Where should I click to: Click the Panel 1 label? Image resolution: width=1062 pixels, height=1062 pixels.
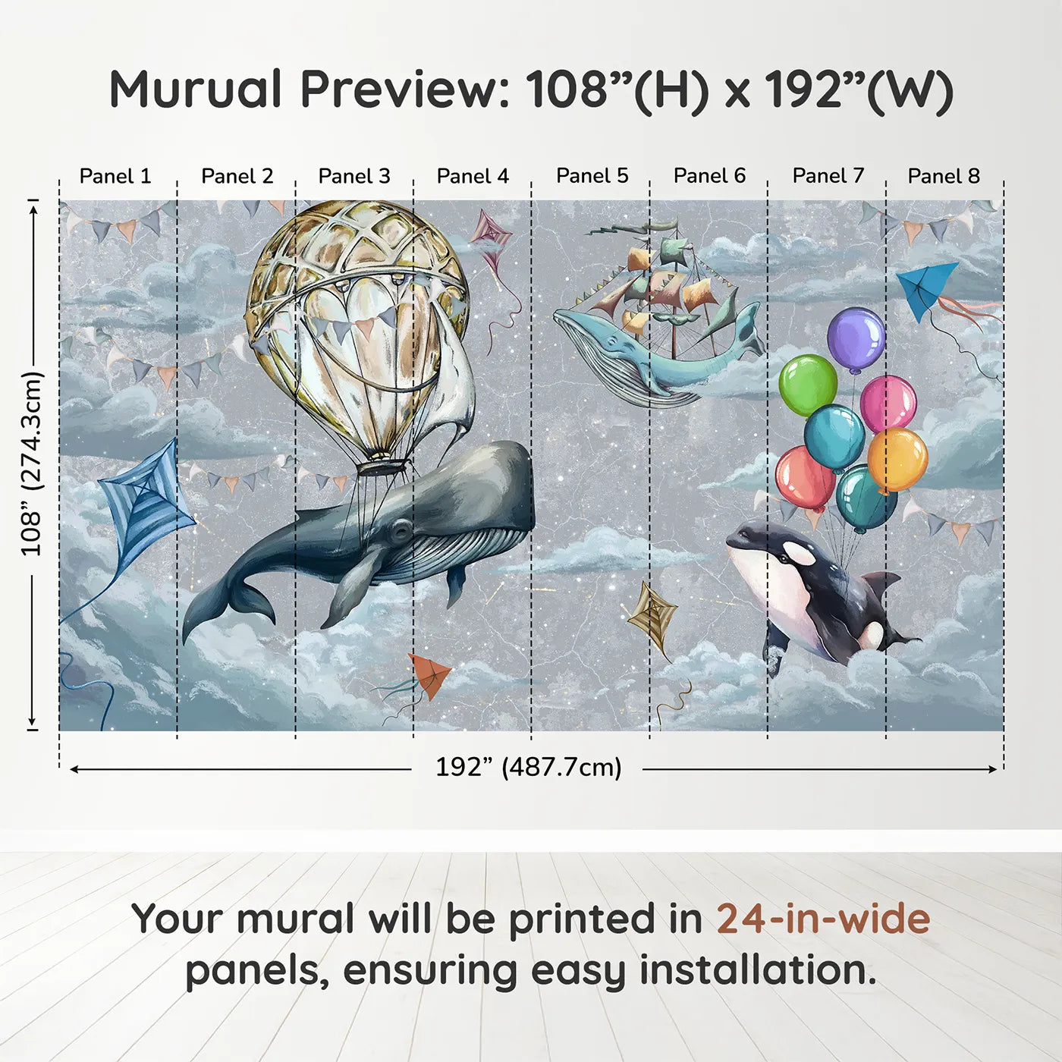(115, 176)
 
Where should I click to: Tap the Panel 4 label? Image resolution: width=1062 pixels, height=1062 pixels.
(473, 176)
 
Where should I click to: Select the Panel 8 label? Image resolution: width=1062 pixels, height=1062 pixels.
(944, 176)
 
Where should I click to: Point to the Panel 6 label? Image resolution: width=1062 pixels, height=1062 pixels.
(709, 176)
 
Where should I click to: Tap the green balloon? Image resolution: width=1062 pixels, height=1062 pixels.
(808, 385)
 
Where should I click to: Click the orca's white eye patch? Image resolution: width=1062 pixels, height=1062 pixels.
(799, 553)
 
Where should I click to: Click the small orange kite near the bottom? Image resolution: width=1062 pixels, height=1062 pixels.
(428, 675)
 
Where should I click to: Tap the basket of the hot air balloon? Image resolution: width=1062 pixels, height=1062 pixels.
(384, 467)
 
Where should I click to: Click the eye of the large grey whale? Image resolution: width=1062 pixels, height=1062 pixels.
(401, 530)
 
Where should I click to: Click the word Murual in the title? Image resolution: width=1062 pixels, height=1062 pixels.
(196, 90)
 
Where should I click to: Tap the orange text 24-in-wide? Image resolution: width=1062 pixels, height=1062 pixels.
(823, 919)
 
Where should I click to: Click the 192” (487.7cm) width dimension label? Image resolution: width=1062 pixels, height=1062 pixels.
(529, 767)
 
